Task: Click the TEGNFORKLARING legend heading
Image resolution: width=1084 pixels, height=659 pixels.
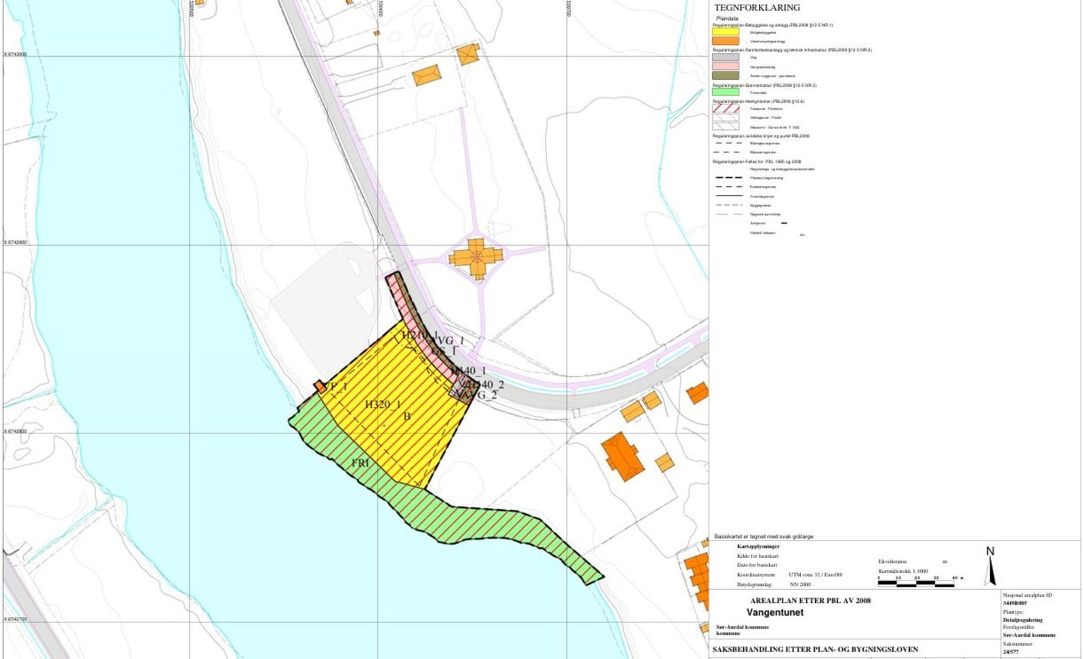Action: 757,7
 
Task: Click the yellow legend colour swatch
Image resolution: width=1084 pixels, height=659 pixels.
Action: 725,32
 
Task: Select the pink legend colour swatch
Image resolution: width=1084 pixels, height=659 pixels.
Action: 725,66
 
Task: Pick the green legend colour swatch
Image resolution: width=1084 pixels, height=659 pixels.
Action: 725,92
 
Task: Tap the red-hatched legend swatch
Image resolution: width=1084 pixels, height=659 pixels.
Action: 725,108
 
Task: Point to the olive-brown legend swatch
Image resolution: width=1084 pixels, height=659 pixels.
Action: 725,75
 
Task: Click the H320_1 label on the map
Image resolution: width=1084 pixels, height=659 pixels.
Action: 383,404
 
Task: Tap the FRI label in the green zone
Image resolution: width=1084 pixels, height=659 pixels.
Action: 360,463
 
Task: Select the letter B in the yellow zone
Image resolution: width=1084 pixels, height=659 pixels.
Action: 407,417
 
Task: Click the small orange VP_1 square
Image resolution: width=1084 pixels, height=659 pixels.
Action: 320,386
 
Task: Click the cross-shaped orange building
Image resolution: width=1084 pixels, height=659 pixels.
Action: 476,256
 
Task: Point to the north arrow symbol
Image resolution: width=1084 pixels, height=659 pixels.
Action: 991,566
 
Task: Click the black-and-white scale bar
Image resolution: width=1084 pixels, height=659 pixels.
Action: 916,583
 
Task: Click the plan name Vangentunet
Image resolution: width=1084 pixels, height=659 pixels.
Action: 774,612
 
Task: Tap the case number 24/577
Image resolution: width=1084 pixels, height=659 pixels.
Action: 1010,652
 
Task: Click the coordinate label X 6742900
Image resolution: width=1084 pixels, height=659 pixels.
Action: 16,242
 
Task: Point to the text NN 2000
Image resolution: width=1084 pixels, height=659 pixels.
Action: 799,584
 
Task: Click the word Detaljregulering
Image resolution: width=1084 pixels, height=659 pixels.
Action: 1022,620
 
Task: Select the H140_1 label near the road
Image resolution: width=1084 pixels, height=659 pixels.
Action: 469,370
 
